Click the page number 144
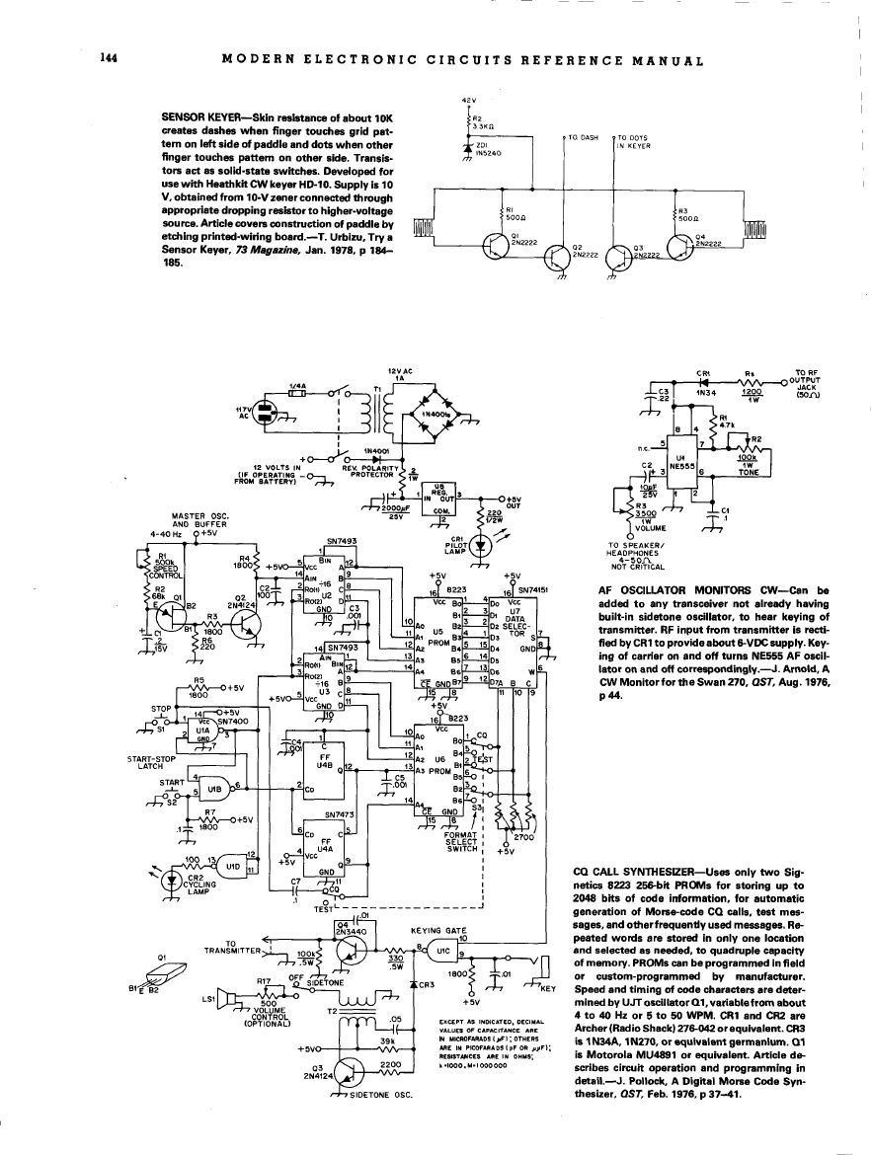point(110,59)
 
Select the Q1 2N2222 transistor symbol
point(498,248)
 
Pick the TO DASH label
point(582,138)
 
